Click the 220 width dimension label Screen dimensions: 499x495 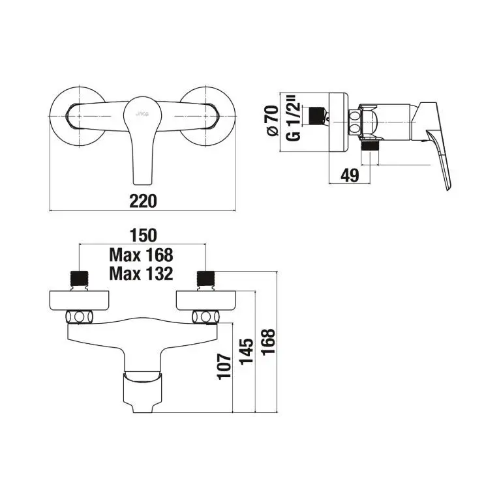point(143,201)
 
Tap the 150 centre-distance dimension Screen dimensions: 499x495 point(144,235)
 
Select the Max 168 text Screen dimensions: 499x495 point(142,255)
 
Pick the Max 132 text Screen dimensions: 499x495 point(142,274)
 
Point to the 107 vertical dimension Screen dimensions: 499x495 point(224,365)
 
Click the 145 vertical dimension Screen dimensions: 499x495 point(247,352)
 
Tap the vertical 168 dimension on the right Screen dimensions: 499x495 point(268,341)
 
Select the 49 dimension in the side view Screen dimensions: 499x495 point(350,175)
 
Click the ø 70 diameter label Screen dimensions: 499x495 point(273,121)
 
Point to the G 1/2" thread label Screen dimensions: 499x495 point(293,121)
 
